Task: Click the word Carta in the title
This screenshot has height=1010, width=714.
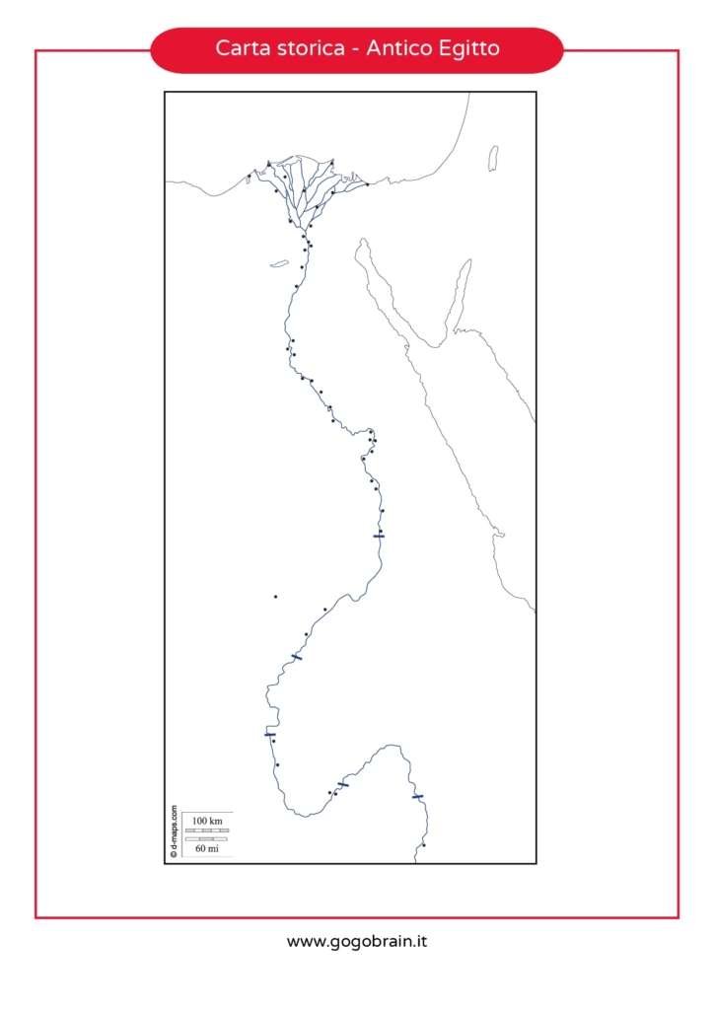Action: (239, 48)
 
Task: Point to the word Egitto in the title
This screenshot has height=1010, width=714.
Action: (469, 48)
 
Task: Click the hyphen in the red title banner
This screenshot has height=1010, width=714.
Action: (354, 49)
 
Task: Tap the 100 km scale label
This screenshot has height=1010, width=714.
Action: (207, 821)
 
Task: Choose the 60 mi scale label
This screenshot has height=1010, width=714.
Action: (207, 848)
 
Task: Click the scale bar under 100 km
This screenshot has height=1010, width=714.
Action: (207, 830)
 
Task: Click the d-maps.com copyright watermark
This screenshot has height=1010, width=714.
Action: (174, 830)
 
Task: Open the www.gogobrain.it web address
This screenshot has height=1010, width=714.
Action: (357, 942)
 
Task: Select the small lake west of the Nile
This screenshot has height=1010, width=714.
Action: (279, 263)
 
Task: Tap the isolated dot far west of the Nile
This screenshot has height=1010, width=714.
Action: (275, 597)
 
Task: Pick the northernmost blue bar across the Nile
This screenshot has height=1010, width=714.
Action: (379, 535)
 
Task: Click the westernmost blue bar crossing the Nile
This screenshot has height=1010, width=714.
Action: (269, 734)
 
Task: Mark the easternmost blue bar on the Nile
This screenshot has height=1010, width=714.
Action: (417, 796)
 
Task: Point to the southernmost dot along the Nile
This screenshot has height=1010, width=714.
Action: (423, 845)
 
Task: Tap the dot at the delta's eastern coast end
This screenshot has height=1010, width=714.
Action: (367, 184)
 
